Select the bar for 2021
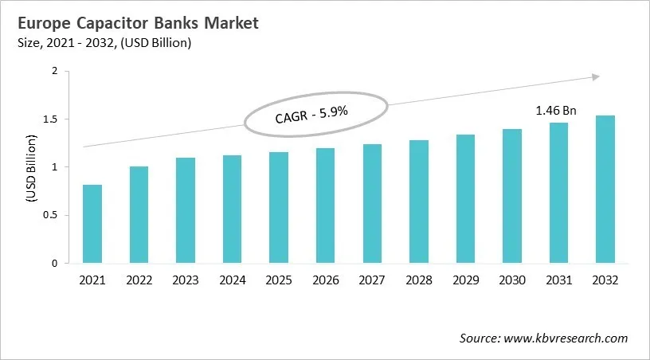pos(92,224)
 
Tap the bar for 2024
pos(232,209)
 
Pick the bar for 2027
pos(371,204)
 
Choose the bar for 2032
pos(605,190)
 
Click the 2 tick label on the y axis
pos(55,72)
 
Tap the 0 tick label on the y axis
pos(55,263)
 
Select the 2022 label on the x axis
pos(139,280)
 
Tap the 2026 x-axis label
pos(325,280)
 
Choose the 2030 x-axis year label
pos(511,280)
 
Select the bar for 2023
pos(186,210)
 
